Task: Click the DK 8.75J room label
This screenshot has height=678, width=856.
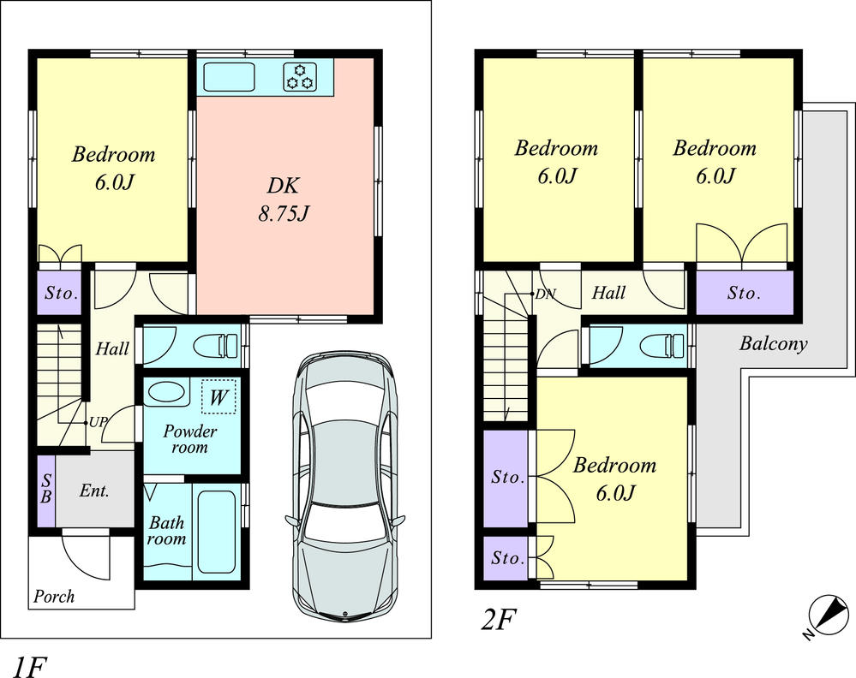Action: [283, 199]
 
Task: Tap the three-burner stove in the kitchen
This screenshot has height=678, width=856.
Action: [300, 76]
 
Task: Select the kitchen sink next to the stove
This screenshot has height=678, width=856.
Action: [228, 76]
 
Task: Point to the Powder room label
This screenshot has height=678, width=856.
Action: [189, 439]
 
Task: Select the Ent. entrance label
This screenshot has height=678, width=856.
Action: [93, 492]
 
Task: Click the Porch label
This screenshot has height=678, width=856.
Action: [54, 597]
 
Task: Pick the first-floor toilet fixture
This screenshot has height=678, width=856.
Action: [215, 346]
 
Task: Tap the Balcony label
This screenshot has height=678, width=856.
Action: [773, 344]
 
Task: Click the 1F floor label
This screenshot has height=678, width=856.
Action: [28, 665]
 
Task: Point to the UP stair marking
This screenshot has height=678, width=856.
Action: [98, 423]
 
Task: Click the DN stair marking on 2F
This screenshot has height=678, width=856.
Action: [544, 294]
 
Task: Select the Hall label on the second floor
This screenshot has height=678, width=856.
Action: [608, 294]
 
